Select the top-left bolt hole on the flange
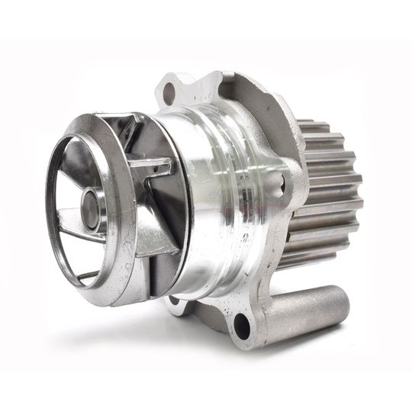tap(169, 94)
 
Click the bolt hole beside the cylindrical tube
tap(241, 327)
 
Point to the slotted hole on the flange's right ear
tap(279, 182)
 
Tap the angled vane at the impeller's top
tap(122, 137)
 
